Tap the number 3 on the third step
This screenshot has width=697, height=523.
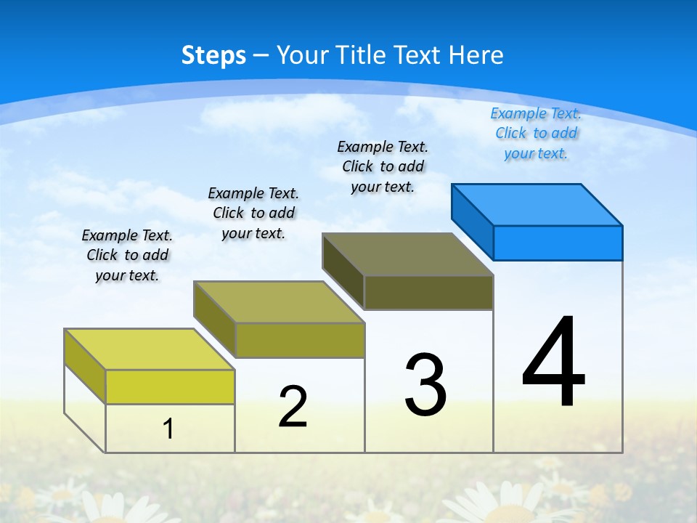(x=425, y=385)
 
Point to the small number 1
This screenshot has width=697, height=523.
(x=168, y=429)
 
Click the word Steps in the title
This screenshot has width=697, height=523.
(x=213, y=55)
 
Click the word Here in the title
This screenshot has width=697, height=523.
(x=476, y=55)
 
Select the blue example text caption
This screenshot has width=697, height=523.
(x=536, y=133)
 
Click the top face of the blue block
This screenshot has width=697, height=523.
(x=537, y=204)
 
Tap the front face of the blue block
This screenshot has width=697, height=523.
(x=558, y=243)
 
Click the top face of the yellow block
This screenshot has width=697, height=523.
(x=150, y=349)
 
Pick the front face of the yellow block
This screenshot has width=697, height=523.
(x=170, y=386)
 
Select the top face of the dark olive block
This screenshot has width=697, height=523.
(x=408, y=254)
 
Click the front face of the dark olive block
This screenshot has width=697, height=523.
(x=428, y=292)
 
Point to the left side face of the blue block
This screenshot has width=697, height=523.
(x=473, y=221)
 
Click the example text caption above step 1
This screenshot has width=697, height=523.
(x=127, y=255)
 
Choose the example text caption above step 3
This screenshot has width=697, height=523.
(x=383, y=166)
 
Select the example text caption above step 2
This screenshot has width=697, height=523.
(x=253, y=213)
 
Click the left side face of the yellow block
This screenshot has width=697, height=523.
(x=85, y=365)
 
